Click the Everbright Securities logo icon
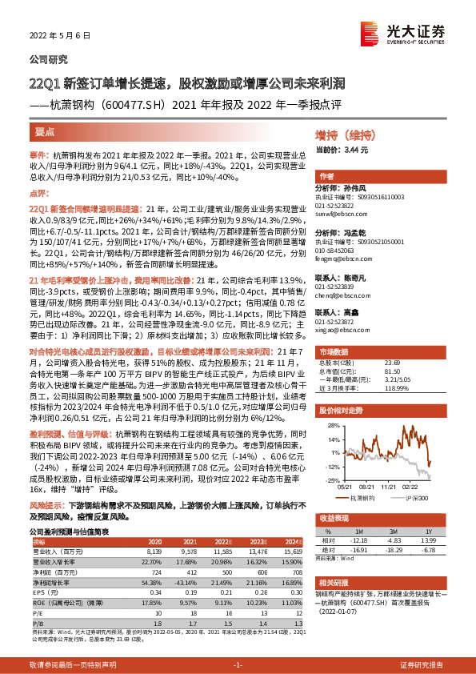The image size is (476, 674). [391, 31]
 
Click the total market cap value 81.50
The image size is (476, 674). [372, 371]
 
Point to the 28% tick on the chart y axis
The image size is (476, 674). [329, 427]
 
